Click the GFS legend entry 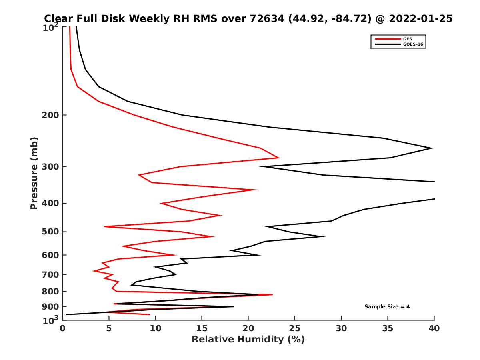pyautogui.click(x=404, y=39)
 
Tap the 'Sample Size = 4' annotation pyautogui.click(x=387, y=307)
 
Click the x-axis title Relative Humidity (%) pyautogui.click(x=248, y=340)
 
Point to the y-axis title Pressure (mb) pyautogui.click(x=34, y=173)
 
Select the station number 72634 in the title pyautogui.click(x=268, y=18)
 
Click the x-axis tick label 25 pyautogui.click(x=295, y=328)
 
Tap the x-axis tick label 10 pyautogui.click(x=155, y=328)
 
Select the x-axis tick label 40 pyautogui.click(x=434, y=328)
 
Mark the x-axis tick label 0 pyautogui.click(x=62, y=328)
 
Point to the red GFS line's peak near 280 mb pyautogui.click(x=279, y=158)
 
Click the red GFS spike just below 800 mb pyautogui.click(x=272, y=295)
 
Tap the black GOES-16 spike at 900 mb pyautogui.click(x=233, y=306)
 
